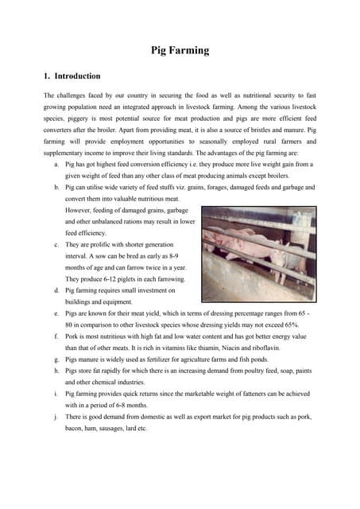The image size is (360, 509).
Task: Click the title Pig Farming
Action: [x=180, y=51]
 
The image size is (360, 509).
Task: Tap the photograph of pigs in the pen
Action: [x=258, y=249]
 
